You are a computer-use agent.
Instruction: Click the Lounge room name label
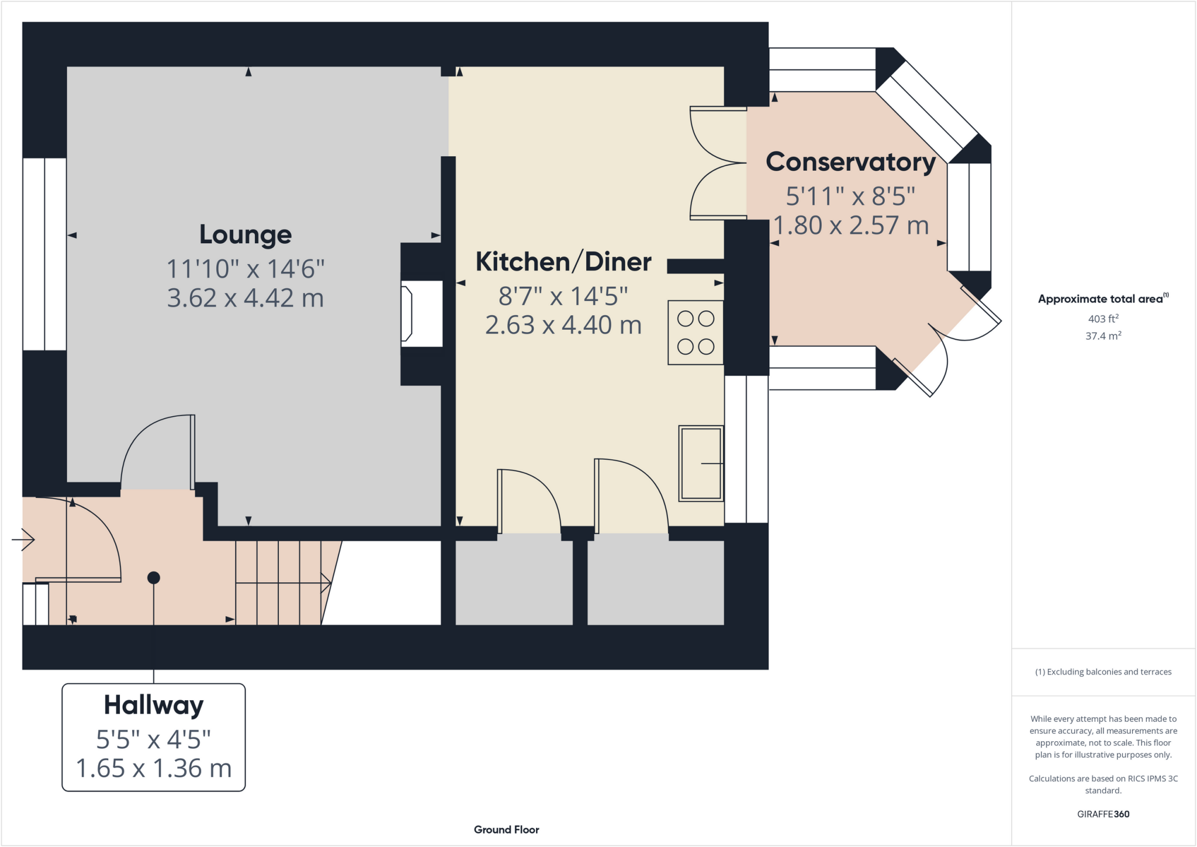tap(245, 234)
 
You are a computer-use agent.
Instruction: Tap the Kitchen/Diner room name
tap(563, 262)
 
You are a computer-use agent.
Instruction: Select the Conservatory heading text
tap(850, 162)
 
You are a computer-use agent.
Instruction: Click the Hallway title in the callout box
tap(154, 705)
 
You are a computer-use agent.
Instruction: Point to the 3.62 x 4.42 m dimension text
tap(245, 298)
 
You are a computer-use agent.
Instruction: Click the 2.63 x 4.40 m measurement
tap(563, 325)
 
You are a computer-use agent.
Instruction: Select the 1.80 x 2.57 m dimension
tap(850, 225)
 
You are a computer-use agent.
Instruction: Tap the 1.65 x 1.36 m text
tap(154, 768)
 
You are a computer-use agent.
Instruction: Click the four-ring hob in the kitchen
tap(696, 333)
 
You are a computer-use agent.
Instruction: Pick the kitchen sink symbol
tap(701, 464)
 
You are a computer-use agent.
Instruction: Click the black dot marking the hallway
tap(154, 578)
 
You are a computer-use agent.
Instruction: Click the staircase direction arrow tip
tap(328, 583)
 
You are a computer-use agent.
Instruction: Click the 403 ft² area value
tap(1103, 319)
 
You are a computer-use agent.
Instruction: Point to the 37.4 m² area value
tap(1103, 336)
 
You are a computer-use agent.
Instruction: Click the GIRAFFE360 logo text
tap(1103, 814)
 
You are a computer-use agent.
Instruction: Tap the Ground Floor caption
tap(506, 829)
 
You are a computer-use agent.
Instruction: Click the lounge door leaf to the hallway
tap(192, 452)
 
